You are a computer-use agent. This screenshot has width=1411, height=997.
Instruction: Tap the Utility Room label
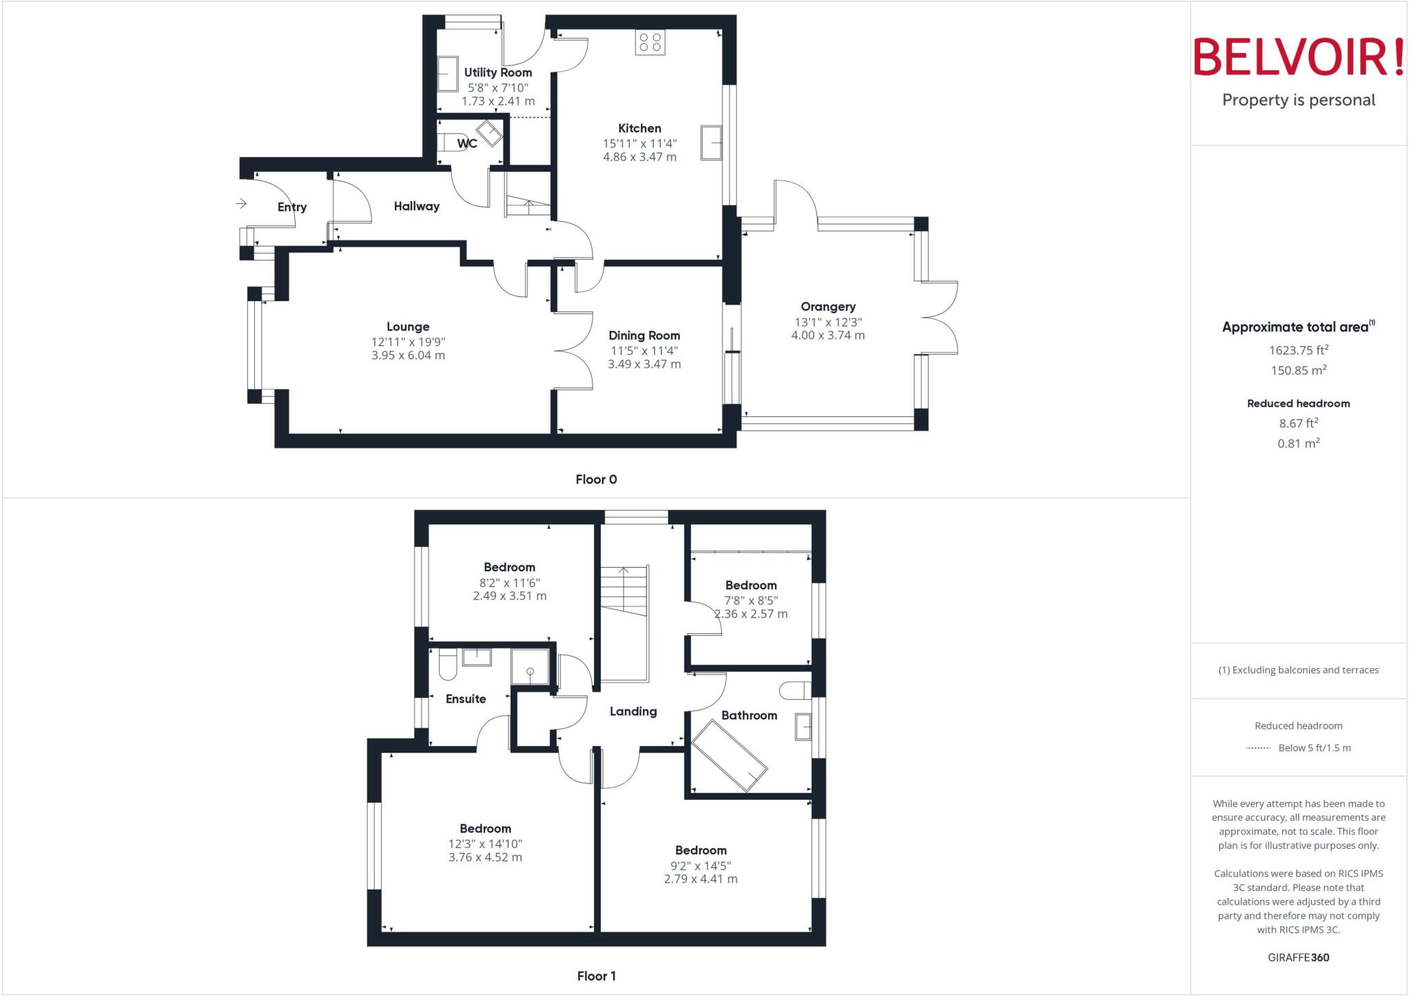click(x=497, y=72)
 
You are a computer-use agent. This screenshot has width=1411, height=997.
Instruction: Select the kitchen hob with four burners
click(x=650, y=42)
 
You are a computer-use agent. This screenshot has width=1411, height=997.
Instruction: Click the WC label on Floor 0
click(x=467, y=143)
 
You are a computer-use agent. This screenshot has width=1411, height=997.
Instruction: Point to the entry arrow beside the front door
click(x=241, y=203)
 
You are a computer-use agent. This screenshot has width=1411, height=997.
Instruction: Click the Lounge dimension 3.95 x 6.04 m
click(x=408, y=356)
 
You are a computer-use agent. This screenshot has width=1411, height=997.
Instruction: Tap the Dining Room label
click(x=644, y=336)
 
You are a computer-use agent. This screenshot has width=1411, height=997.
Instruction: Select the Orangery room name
click(x=827, y=307)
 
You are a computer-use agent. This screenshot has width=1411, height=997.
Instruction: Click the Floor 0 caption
click(x=596, y=480)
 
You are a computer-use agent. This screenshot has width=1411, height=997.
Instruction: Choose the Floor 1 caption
click(x=596, y=976)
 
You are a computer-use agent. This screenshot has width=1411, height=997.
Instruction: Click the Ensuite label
click(x=466, y=699)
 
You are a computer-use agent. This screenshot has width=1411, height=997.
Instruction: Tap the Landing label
click(x=633, y=711)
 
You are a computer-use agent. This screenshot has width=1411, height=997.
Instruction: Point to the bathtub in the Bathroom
click(x=729, y=756)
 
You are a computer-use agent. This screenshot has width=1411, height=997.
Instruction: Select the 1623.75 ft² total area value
click(x=1298, y=350)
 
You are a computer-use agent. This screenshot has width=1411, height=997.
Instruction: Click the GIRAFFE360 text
click(x=1298, y=957)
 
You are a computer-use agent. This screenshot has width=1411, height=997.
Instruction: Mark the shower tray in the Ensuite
click(x=530, y=667)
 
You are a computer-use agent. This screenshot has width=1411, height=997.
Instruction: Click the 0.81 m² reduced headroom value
click(x=1298, y=443)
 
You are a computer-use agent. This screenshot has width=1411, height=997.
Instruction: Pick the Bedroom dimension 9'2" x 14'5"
click(x=701, y=865)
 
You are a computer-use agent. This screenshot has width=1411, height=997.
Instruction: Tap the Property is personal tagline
click(x=1298, y=100)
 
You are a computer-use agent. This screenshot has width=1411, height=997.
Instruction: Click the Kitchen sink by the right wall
click(x=711, y=143)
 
